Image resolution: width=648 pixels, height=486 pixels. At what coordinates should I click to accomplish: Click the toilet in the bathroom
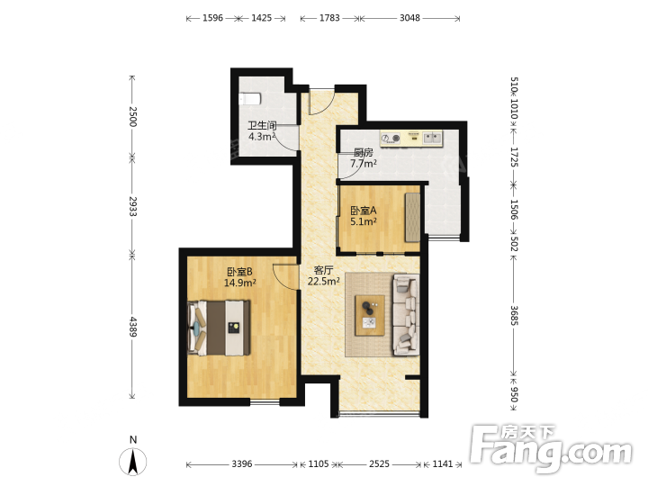tap(250, 99)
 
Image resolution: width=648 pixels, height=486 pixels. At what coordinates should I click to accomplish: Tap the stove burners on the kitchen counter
tap(391, 138)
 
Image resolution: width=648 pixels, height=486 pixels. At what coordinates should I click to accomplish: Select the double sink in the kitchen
tap(432, 137)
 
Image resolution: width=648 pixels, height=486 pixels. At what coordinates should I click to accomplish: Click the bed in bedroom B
tap(219, 328)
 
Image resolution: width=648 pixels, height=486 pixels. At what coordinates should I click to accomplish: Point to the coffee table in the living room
tap(370, 315)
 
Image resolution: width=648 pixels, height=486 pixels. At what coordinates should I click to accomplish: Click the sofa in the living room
tap(406, 315)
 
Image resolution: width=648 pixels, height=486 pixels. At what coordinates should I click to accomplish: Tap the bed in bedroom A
tap(412, 218)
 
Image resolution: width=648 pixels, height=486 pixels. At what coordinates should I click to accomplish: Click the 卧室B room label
tap(239, 272)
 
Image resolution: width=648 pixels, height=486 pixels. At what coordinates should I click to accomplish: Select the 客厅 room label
tap(324, 270)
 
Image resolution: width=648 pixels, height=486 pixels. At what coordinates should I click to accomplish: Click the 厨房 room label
tap(364, 152)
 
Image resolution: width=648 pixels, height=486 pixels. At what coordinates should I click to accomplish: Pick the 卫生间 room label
tap(262, 125)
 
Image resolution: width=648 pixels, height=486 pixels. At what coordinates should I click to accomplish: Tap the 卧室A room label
tap(364, 211)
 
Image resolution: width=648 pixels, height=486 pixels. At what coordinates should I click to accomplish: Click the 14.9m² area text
tap(239, 283)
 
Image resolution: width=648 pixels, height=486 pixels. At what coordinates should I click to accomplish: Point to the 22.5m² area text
tap(324, 281)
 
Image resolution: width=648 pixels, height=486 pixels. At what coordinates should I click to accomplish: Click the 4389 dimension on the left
tap(132, 327)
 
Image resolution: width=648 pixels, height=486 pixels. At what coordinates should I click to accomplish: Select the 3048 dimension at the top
tap(409, 18)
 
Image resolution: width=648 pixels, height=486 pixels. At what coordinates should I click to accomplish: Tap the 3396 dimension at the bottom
tap(242, 463)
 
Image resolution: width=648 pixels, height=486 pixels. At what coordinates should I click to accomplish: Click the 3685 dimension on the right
tap(514, 316)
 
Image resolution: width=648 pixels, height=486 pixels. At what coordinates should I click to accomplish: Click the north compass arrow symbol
tap(132, 461)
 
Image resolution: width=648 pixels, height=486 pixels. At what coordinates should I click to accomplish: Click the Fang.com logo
tap(552, 447)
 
